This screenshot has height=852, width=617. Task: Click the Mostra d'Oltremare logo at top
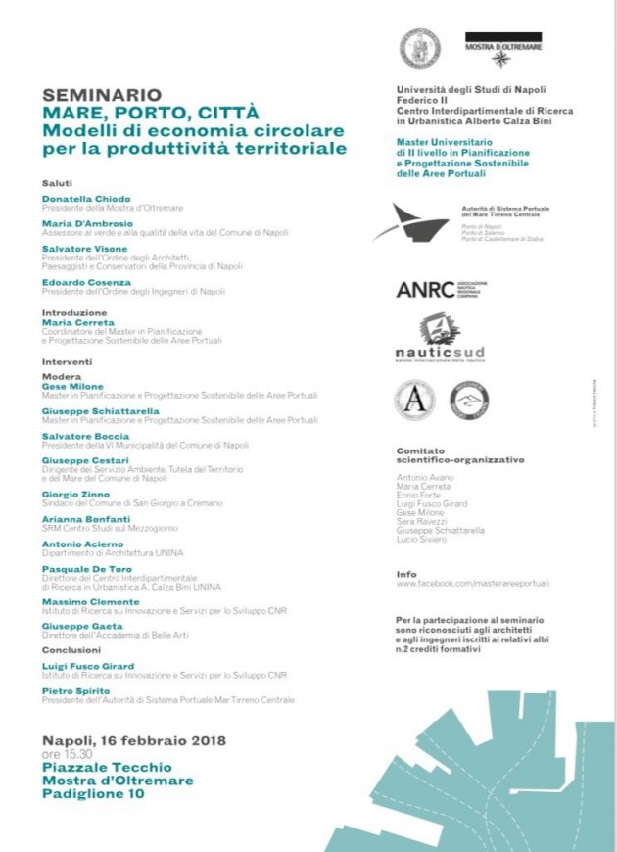coord(502,49)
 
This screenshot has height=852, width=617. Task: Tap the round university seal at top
coord(419,48)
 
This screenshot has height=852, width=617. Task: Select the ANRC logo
coord(425,290)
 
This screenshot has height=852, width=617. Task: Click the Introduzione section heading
coord(74,313)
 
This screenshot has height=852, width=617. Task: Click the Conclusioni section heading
coord(71,649)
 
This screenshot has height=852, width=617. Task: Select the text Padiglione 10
coord(93,794)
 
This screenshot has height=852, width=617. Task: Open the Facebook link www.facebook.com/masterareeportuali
coord(472,583)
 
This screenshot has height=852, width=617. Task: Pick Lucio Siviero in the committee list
coord(422,540)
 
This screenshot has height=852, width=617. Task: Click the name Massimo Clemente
coord(90,602)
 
